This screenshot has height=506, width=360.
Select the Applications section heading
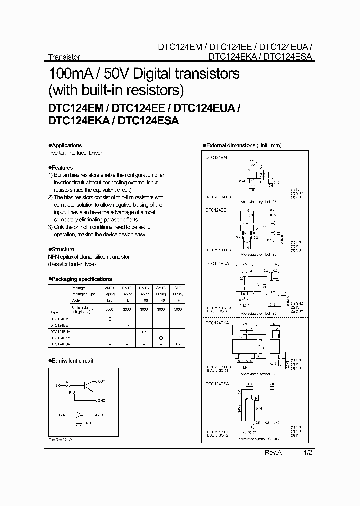(67, 146)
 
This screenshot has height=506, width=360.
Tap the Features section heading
(62, 168)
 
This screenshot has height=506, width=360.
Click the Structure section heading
(63, 249)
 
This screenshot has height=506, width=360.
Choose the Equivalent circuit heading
(73, 360)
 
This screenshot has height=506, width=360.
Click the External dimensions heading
(230, 146)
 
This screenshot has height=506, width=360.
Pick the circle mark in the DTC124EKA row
(161, 338)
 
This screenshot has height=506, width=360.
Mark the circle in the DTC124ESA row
(177, 344)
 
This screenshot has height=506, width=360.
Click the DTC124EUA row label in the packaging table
(60, 331)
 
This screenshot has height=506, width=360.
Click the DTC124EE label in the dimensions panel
(216, 211)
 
